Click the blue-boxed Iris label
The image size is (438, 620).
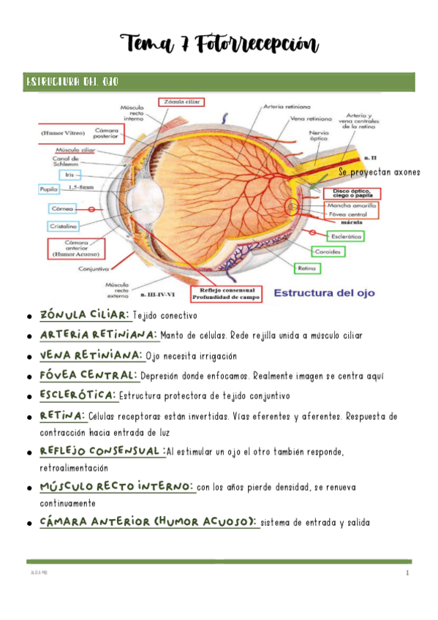71,175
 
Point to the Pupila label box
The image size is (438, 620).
48,189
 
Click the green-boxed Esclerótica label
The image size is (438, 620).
345,236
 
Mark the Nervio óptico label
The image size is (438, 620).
319,135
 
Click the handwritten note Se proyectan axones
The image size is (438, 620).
380,172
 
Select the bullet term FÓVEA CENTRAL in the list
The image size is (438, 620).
89,375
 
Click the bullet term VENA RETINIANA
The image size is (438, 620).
91,355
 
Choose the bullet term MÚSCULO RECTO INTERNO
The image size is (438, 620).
117,486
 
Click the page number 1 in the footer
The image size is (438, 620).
407,573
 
